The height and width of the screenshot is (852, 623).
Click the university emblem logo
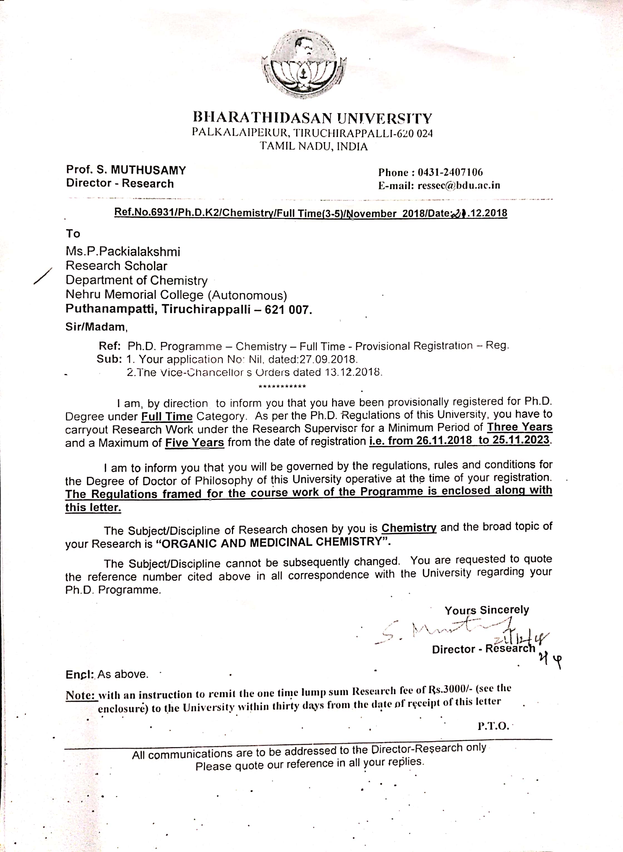click(304, 65)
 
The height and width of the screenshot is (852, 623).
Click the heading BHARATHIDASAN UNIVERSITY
click(312, 118)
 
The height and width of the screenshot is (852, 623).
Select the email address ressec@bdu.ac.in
click(459, 185)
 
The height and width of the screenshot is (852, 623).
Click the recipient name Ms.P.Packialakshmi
click(123, 251)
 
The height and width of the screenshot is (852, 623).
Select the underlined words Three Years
click(519, 427)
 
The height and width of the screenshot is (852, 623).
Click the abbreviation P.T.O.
click(493, 726)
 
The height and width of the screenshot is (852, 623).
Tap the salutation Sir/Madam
click(97, 326)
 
